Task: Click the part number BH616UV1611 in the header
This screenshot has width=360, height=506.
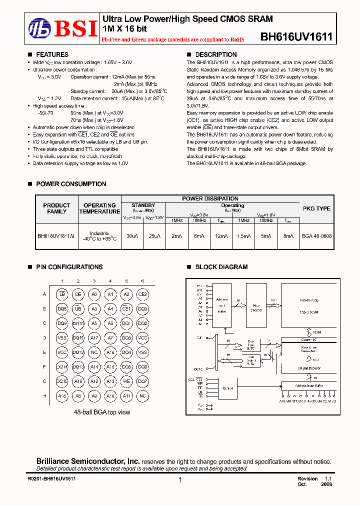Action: click(x=296, y=37)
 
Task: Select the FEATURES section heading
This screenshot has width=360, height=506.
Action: click(x=52, y=54)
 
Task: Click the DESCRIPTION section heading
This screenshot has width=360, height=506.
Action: click(x=215, y=54)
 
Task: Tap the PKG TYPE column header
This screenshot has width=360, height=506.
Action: click(x=316, y=208)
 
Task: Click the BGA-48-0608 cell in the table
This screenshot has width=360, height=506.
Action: click(x=316, y=235)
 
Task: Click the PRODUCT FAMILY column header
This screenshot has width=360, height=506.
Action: click(x=56, y=208)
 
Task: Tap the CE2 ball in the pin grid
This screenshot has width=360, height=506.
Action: click(x=142, y=294)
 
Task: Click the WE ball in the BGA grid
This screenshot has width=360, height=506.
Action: click(x=126, y=381)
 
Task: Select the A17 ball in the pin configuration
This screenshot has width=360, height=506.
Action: click(x=94, y=338)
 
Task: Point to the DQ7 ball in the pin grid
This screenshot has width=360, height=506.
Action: click(x=142, y=381)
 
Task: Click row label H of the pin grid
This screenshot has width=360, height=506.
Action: click(x=45, y=396)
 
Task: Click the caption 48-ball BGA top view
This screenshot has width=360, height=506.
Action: click(x=102, y=412)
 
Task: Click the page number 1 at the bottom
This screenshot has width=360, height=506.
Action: click(x=180, y=480)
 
